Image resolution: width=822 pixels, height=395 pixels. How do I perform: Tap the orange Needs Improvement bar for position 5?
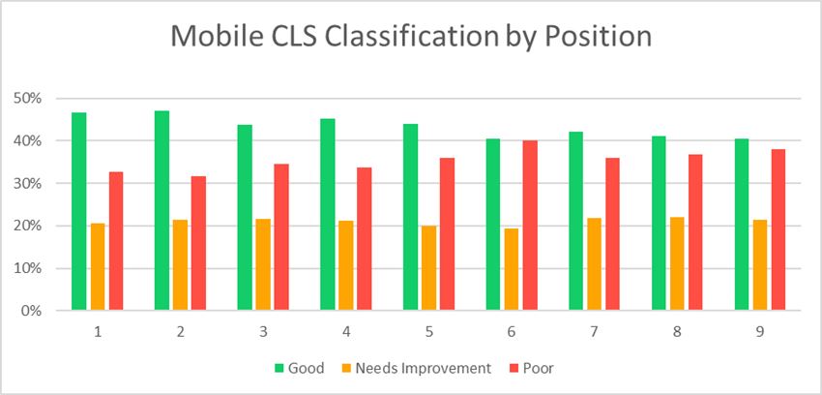click(x=428, y=268)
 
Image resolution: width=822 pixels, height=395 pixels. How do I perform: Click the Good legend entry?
click(x=300, y=368)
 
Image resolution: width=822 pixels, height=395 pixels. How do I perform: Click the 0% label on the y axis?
click(x=35, y=311)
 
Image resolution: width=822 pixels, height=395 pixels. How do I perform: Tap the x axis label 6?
click(x=512, y=332)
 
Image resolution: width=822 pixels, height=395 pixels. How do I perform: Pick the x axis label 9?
click(x=759, y=332)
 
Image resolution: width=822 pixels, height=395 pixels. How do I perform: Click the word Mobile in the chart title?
click(x=217, y=37)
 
